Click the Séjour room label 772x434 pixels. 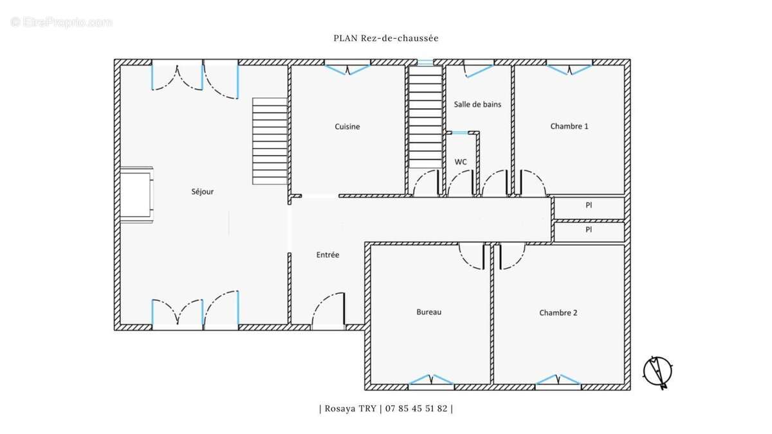(x=202, y=192)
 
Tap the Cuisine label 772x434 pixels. (x=347, y=127)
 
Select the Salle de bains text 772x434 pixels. (x=477, y=104)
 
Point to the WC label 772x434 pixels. (x=461, y=162)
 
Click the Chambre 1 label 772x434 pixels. (x=569, y=126)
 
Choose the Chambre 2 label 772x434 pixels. (x=558, y=312)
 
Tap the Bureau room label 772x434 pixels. (x=428, y=312)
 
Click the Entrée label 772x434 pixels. (x=327, y=255)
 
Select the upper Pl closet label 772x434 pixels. (x=589, y=205)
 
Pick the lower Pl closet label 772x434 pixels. (x=589, y=230)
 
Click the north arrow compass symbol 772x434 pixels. (x=657, y=372)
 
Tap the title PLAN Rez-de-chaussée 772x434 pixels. (x=386, y=38)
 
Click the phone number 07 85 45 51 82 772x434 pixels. (x=416, y=408)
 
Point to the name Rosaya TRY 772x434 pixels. (x=351, y=408)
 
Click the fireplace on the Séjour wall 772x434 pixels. (x=136, y=195)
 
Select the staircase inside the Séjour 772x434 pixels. (x=270, y=141)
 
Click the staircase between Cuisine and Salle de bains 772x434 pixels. (x=425, y=117)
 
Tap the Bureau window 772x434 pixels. (x=431, y=383)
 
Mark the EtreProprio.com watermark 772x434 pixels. (x=61, y=22)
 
